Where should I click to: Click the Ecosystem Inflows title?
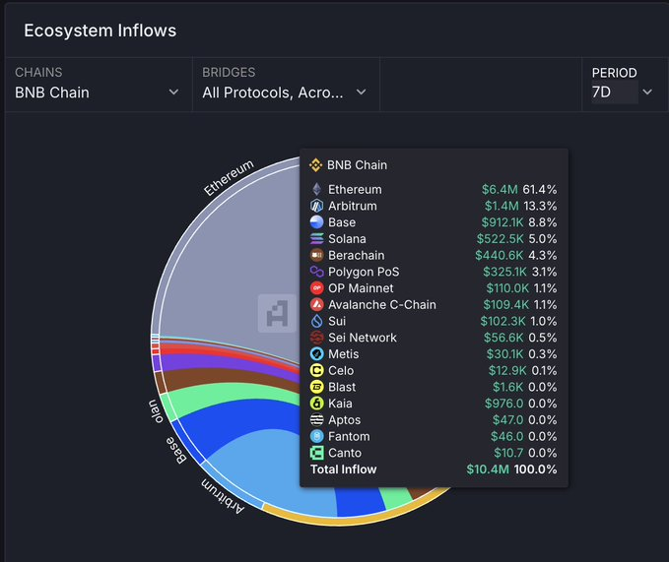(100, 31)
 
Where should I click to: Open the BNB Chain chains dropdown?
(97, 93)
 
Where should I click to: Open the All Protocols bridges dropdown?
(284, 93)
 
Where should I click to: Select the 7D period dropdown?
(622, 93)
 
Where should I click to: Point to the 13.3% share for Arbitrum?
(540, 206)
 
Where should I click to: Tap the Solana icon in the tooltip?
(316, 239)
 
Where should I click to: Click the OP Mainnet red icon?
(316, 288)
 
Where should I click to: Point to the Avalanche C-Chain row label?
(381, 304)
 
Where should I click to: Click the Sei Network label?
(362, 338)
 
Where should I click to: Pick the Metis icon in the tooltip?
(316, 354)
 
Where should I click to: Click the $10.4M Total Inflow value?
(489, 469)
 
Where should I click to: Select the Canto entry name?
(346, 453)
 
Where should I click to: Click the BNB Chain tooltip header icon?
(316, 165)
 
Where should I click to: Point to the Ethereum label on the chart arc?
(230, 178)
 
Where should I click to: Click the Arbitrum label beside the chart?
(224, 495)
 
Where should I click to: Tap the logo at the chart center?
(277, 313)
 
